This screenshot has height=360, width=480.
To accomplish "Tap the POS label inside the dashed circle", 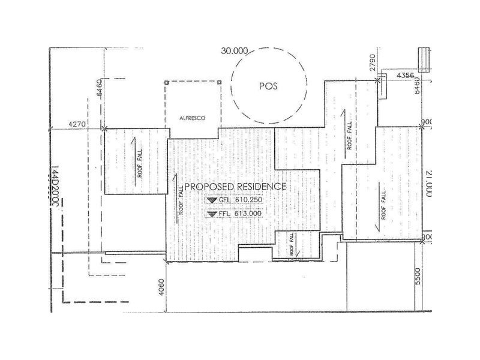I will pos(268,86).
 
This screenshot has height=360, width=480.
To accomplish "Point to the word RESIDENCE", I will pos(260,187).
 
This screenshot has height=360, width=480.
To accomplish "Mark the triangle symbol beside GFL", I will pos(211,200).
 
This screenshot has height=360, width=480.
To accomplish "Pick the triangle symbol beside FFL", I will pos(211,214).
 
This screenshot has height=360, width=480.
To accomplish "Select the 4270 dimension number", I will pos(78,124).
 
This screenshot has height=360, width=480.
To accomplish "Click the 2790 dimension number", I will pos(373,63).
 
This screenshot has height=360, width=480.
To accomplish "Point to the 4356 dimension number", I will pos(407,75).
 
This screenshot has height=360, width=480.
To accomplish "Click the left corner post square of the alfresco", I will pos(166,83).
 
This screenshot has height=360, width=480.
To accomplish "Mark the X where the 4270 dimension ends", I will pos(104,128).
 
